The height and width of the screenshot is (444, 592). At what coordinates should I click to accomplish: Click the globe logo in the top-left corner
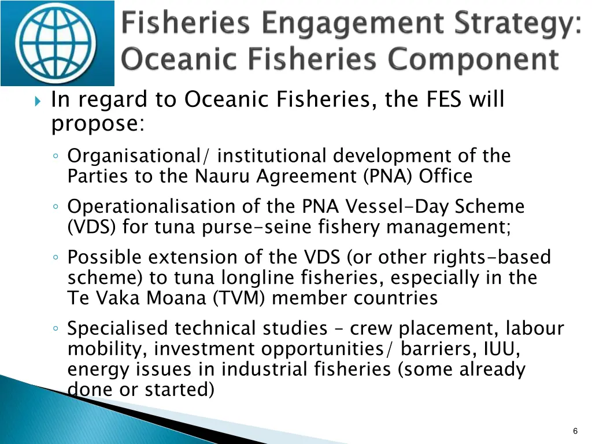click(x=57, y=43)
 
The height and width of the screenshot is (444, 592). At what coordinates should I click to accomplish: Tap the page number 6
click(x=575, y=431)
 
